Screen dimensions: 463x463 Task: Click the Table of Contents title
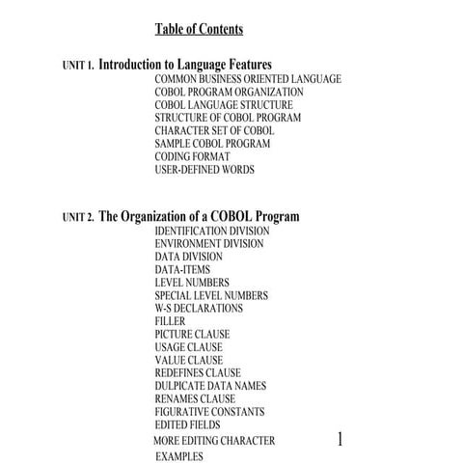[200, 29]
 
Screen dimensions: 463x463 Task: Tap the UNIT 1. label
[78, 67]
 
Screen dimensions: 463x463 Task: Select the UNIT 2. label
[78, 218]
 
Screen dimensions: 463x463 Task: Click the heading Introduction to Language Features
[185, 65]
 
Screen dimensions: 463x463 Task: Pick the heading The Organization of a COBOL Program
[199, 216]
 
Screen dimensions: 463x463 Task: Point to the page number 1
[340, 439]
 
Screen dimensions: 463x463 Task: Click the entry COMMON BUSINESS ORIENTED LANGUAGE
[247, 79]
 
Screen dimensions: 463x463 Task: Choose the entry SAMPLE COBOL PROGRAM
[212, 144]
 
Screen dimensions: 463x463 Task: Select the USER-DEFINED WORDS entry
[204, 170]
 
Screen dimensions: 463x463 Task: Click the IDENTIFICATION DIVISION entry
[212, 231]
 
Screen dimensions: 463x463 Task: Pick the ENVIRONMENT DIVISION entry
[208, 244]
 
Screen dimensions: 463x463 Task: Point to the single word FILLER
[170, 321]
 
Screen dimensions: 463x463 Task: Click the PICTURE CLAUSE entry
[192, 335]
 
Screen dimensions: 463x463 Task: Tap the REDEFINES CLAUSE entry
[198, 373]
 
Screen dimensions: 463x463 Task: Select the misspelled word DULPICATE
[180, 386]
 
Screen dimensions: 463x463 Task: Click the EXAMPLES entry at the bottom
[178, 455]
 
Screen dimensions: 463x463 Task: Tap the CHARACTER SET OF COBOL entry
[214, 130]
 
